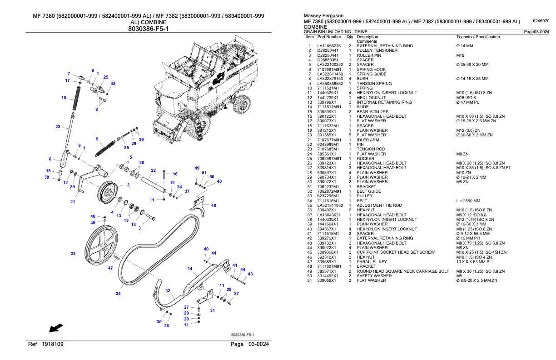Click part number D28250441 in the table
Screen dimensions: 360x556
click(x=328, y=50)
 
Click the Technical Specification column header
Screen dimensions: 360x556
click(x=478, y=36)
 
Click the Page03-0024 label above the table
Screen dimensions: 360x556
click(x=536, y=31)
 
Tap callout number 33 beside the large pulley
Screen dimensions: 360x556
click(x=73, y=254)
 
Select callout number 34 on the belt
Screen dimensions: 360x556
click(x=118, y=294)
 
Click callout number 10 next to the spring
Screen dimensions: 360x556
click(x=64, y=97)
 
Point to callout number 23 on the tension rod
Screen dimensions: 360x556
click(x=58, y=127)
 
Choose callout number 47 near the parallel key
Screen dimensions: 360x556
click(x=110, y=268)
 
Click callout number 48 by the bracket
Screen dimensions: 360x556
click(x=213, y=205)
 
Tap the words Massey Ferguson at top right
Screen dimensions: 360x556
click(x=322, y=16)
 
